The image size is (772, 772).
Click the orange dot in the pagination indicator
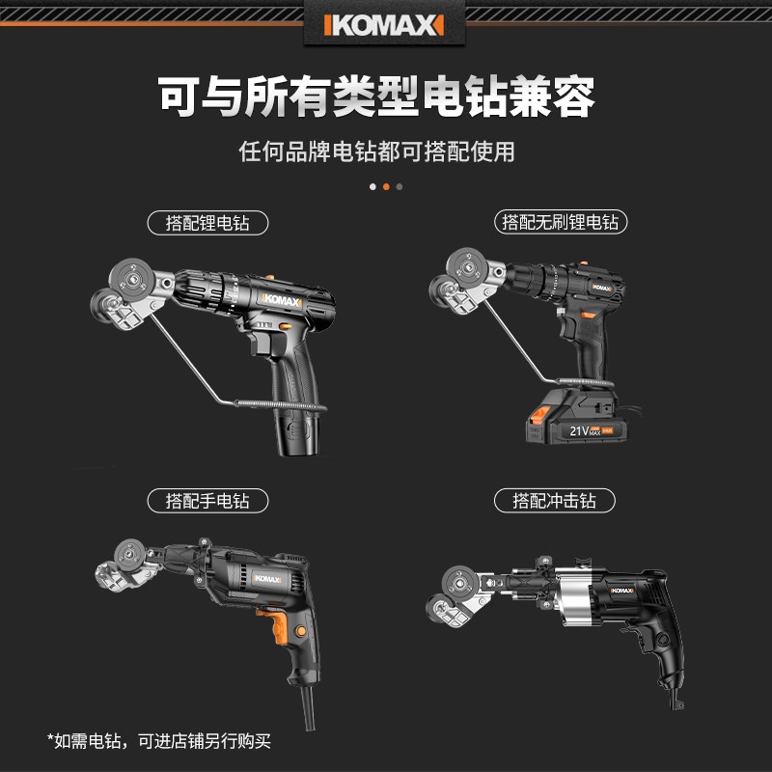pyautogui.click(x=386, y=186)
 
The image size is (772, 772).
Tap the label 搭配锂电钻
pyautogui.click(x=207, y=223)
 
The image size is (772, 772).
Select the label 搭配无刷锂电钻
pyautogui.click(x=561, y=223)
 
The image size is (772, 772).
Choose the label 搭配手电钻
pyautogui.click(x=207, y=501)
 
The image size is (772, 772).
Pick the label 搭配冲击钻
pyautogui.click(x=555, y=501)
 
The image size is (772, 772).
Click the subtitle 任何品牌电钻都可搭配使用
pyautogui.click(x=377, y=152)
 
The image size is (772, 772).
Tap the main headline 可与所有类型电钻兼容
pyautogui.click(x=376, y=96)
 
